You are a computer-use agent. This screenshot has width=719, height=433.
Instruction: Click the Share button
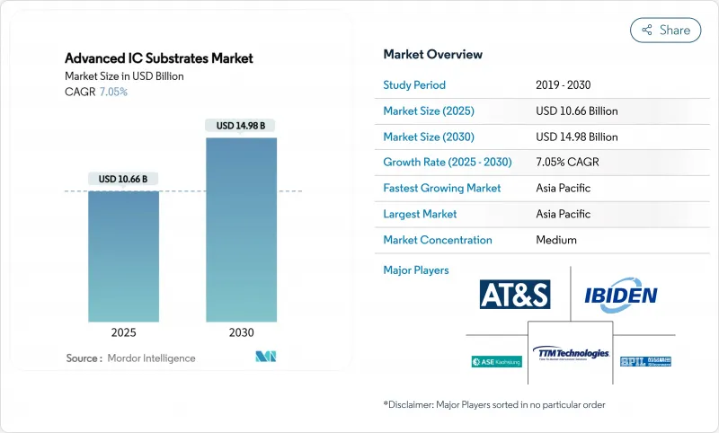665,30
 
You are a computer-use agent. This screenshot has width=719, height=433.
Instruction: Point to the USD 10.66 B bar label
123,179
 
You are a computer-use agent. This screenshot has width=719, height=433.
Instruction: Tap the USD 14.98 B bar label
241,126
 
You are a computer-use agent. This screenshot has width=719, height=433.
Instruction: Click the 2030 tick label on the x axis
241,331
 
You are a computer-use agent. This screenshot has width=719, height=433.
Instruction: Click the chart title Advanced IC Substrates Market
159,58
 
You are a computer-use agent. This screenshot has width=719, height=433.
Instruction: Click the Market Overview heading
432,54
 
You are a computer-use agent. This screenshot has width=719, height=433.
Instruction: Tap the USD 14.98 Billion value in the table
576,137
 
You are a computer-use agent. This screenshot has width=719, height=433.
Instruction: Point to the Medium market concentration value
555,240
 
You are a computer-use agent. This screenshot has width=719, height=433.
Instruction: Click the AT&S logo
515,295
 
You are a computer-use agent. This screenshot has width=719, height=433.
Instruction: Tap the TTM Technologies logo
570,353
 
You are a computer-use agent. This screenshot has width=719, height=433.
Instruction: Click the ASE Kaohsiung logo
496,361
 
